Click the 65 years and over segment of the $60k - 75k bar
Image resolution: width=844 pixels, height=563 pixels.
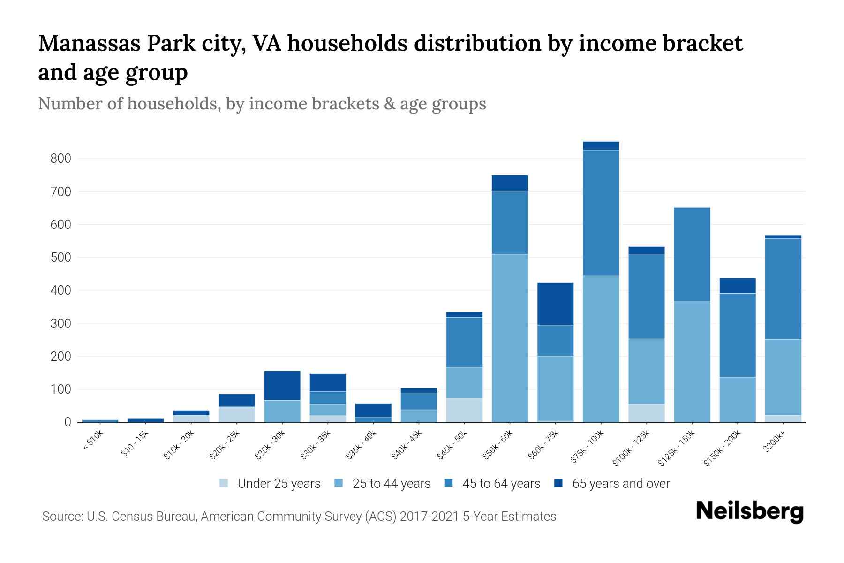[555, 304]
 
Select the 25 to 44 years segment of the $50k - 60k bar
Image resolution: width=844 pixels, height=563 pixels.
[510, 338]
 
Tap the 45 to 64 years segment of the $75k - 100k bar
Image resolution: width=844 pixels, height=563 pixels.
[601, 213]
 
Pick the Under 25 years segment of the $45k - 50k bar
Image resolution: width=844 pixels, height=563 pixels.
[464, 410]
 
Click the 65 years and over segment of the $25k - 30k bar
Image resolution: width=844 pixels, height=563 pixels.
[282, 386]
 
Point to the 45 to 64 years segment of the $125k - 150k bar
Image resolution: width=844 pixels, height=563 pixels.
[692, 254]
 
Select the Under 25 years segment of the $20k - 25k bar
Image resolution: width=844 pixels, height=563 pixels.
[237, 414]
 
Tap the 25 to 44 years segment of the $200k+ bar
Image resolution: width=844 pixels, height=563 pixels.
[783, 377]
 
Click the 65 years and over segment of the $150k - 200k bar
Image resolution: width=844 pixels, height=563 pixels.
[737, 286]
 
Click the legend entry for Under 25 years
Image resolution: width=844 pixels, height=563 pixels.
[279, 484]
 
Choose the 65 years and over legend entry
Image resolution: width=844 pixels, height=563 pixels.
[620, 484]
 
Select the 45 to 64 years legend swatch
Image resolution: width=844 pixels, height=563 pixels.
[449, 483]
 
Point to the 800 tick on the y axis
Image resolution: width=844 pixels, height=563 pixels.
[60, 159]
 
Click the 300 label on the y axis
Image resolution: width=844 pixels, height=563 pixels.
[60, 324]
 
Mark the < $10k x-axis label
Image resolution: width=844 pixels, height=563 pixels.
[92, 441]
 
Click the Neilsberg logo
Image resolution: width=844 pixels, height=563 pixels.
[749, 511]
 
